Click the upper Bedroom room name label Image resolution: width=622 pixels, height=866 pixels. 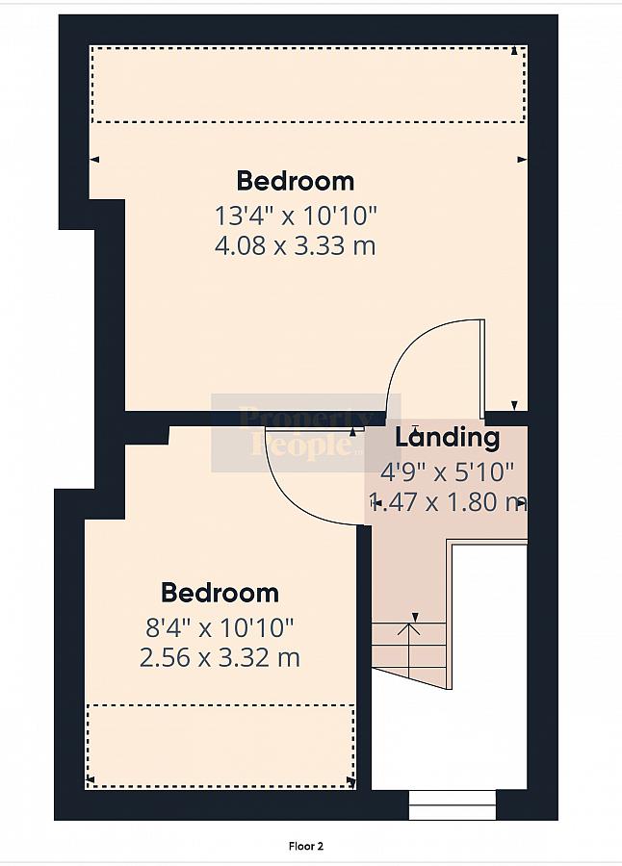pos(296,181)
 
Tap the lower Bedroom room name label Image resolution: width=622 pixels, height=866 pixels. pos(220,593)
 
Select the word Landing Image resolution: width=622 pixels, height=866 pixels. pos(448,437)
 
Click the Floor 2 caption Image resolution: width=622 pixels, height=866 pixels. pos(306,846)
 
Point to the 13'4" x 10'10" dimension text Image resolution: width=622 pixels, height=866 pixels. pos(296,216)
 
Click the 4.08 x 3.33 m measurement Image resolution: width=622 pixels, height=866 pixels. pos(296,245)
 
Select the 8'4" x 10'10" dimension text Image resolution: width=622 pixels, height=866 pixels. pos(220,627)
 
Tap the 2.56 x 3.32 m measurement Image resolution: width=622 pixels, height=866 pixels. pos(220,658)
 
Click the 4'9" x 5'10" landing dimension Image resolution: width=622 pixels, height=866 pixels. pos(448,472)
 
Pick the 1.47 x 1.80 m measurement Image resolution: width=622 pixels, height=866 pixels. pos(448,502)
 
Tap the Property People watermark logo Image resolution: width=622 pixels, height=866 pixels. pos(306,433)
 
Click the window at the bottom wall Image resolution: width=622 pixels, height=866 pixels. pos(453,805)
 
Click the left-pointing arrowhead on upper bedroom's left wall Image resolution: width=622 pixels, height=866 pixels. pos(94,160)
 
